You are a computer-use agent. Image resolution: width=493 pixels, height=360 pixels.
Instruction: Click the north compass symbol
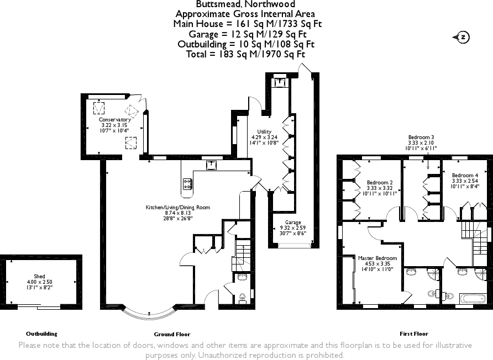(461, 38)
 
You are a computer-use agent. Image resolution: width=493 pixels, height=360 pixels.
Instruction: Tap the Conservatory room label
(114, 119)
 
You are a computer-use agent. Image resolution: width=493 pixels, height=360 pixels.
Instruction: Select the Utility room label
(264, 131)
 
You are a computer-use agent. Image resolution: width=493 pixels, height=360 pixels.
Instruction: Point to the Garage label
(293, 223)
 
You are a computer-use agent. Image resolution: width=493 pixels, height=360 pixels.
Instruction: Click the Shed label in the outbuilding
(39, 276)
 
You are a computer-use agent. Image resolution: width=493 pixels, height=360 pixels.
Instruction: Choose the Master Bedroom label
(377, 258)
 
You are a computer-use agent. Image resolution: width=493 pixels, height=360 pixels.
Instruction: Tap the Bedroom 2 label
(380, 183)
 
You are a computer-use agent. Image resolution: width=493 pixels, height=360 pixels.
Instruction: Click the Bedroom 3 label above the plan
(421, 137)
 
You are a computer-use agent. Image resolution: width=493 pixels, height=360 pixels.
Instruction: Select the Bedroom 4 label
(465, 175)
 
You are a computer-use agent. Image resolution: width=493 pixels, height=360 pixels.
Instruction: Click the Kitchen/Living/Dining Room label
(177, 207)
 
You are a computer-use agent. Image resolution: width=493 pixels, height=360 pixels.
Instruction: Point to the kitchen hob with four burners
(187, 184)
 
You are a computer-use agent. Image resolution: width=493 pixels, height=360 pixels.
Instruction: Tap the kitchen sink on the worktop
(211, 165)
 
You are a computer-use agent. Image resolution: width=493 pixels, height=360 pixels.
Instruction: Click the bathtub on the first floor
(473, 298)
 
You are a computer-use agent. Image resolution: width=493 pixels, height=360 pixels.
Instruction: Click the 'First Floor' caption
(414, 334)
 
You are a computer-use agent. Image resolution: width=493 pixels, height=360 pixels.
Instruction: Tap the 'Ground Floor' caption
(172, 334)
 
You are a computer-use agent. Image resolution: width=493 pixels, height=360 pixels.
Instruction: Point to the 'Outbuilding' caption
(41, 334)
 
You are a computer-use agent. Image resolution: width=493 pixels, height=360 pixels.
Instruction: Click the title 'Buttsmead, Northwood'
(245, 4)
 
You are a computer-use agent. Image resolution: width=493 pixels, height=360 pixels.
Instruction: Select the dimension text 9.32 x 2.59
(293, 228)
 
